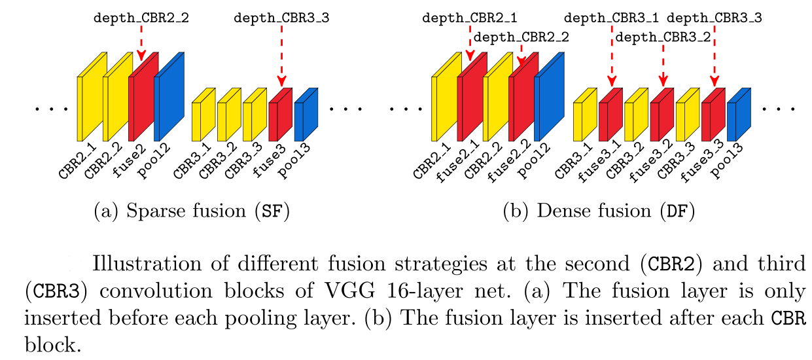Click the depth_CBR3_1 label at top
click(x=612, y=18)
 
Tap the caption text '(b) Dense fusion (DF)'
click(x=598, y=212)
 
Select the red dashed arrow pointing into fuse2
click(x=141, y=43)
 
